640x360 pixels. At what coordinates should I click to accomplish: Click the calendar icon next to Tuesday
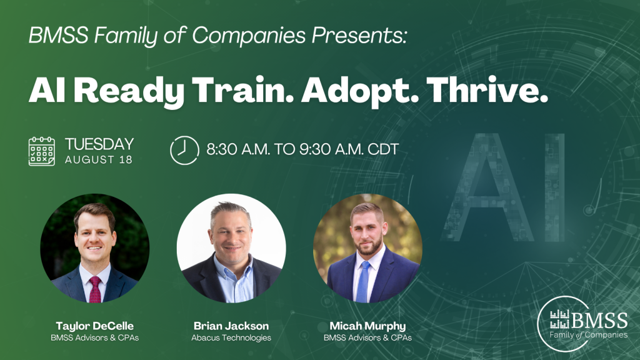42,151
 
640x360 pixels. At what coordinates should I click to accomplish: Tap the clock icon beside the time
184,150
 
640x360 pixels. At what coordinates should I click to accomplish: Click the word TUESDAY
99,144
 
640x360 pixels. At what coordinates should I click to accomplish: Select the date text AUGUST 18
98,159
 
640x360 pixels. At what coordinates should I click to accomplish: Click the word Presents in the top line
359,35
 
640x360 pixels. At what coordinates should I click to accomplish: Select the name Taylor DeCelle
95,326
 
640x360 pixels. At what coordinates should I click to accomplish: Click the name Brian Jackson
231,326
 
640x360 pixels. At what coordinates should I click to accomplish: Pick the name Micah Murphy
367,326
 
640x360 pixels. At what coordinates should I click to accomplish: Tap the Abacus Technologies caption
231,338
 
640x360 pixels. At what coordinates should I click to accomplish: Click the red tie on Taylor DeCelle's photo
95,289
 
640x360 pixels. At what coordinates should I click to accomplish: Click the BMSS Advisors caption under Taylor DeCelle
95,338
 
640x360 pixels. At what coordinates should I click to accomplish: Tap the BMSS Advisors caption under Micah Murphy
367,338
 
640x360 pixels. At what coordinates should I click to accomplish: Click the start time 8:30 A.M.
238,149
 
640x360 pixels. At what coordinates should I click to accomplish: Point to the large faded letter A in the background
487,187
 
